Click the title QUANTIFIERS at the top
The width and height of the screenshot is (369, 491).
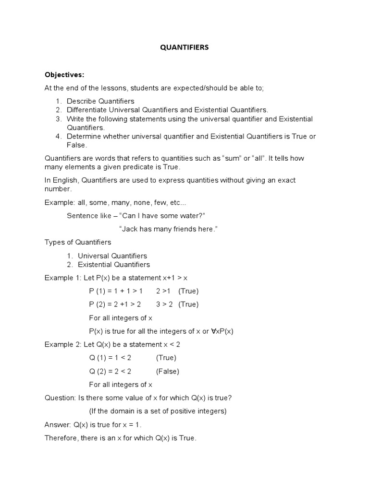[184, 48]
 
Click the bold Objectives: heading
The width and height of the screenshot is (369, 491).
[64, 75]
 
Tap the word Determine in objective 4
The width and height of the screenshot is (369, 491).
[84, 136]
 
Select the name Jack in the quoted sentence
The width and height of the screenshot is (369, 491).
[129, 229]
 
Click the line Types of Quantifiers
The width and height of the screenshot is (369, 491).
[77, 242]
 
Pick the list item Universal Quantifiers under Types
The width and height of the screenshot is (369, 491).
[112, 256]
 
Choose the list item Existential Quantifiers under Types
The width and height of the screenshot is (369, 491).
[114, 265]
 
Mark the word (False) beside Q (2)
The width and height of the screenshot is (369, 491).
[167, 371]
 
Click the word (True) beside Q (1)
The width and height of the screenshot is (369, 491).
[166, 358]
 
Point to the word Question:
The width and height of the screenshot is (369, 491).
[60, 397]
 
